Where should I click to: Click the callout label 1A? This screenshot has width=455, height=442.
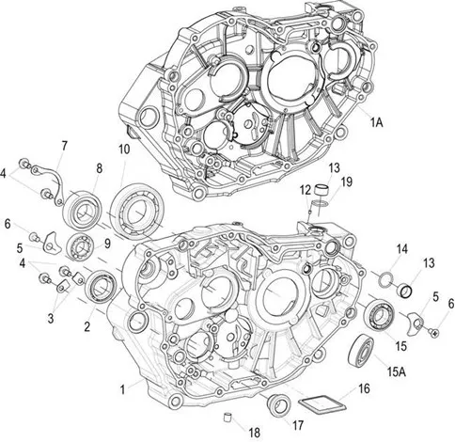pyautogui.click(x=377, y=123)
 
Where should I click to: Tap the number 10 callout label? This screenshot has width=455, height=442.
pyautogui.click(x=124, y=150)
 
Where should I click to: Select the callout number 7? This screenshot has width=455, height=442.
pyautogui.click(x=64, y=146)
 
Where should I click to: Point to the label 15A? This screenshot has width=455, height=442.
pyautogui.click(x=397, y=372)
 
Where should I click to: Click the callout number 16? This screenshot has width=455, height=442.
pyautogui.click(x=364, y=388)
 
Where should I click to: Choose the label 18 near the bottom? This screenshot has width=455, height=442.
pyautogui.click(x=255, y=433)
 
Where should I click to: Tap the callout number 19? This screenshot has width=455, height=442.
pyautogui.click(x=347, y=182)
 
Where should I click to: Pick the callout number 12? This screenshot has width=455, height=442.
pyautogui.click(x=305, y=190)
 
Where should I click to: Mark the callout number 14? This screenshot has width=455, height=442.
pyautogui.click(x=402, y=249)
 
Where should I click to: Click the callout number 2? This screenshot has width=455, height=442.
pyautogui.click(x=87, y=326)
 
